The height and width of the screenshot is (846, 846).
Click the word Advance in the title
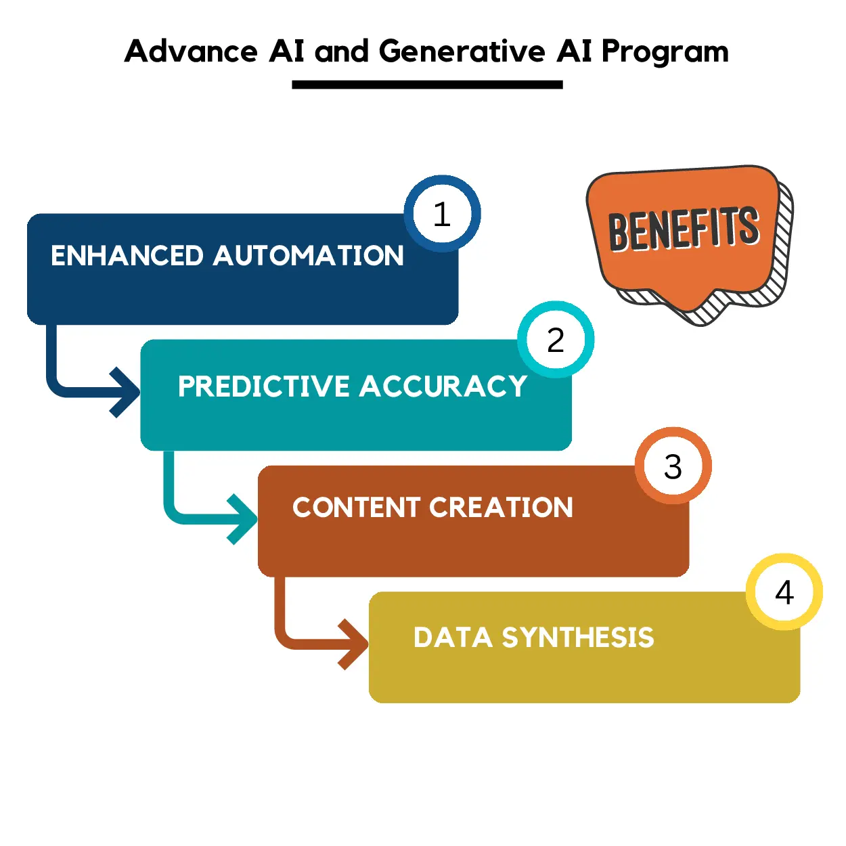[x=191, y=51]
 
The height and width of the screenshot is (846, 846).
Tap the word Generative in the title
[x=462, y=51]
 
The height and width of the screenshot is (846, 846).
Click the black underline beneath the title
[x=427, y=85]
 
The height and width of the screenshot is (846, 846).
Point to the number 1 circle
[x=442, y=214]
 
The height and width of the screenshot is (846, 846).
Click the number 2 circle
[x=556, y=340]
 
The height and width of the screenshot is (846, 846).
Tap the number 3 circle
[x=673, y=466]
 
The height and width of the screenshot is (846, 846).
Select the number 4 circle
[x=784, y=592]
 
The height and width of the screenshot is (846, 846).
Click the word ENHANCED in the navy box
[x=127, y=256]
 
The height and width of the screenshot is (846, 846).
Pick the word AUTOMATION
[x=308, y=256]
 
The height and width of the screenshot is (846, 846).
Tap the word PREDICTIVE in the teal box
[x=263, y=386]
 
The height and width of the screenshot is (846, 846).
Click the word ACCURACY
[x=443, y=386]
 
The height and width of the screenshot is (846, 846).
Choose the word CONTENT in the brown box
[x=356, y=508]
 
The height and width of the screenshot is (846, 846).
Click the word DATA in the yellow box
[x=452, y=638]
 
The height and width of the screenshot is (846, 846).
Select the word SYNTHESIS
[x=578, y=638]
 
